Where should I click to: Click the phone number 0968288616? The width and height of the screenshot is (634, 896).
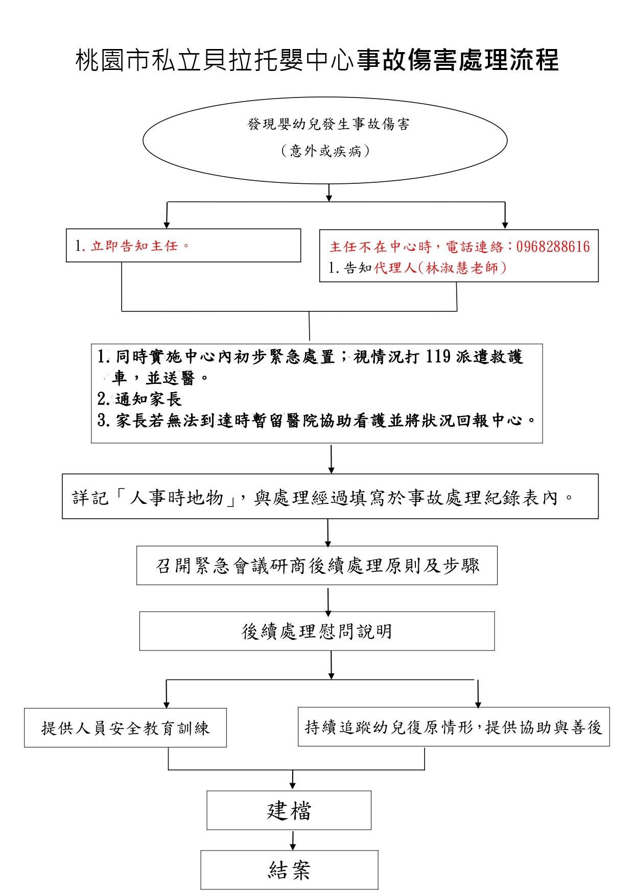click(553, 247)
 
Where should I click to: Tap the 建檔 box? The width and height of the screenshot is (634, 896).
click(289, 810)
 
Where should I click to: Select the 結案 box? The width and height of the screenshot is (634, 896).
click(289, 869)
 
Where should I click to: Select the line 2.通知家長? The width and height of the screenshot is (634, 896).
click(139, 399)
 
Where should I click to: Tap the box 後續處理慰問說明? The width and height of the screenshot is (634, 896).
click(317, 632)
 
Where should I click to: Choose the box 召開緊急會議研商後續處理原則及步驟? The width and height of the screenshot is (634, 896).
click(317, 566)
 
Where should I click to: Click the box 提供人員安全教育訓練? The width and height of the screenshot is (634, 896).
click(125, 728)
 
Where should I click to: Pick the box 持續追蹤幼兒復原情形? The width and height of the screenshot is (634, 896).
click(453, 727)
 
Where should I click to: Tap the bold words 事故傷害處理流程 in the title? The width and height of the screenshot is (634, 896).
click(458, 60)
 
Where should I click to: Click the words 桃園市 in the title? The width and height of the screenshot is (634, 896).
click(100, 60)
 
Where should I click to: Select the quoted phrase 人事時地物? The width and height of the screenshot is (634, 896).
click(177, 497)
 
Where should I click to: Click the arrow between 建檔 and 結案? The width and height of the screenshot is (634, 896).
click(292, 840)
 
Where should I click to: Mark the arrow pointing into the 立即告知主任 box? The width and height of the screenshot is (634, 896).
click(167, 216)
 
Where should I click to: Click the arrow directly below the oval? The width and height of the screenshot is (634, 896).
click(328, 192)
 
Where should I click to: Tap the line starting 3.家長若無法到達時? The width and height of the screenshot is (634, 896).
click(317, 421)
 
